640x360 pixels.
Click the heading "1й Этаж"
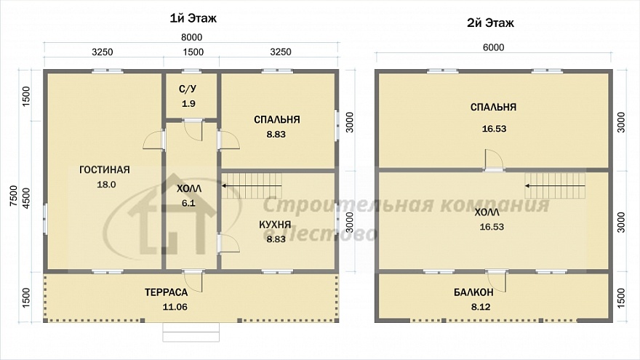coord(193,18)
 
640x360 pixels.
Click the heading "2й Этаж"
coord(490,23)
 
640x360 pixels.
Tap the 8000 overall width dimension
coord(191,37)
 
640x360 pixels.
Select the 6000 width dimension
coord(494,47)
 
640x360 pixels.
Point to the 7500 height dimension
coord(14,195)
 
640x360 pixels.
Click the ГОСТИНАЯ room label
coord(105,169)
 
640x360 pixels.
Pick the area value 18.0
coord(106,185)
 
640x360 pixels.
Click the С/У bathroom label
coord(188,89)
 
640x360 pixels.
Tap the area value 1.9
coord(188,104)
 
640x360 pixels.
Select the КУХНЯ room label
coord(275,225)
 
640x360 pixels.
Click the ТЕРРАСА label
coord(166,292)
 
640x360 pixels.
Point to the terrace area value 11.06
coord(175,307)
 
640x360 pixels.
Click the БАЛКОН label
coord(473,292)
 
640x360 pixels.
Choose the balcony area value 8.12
coord(481,307)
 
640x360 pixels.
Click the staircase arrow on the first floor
coord(252,185)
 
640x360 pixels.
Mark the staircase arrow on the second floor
coord(555,185)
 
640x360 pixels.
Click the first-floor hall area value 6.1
coord(188,203)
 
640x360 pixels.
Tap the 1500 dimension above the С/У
coord(193,52)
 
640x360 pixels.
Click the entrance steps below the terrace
coord(191,332)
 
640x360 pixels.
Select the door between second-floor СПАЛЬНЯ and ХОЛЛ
coord(494,161)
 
